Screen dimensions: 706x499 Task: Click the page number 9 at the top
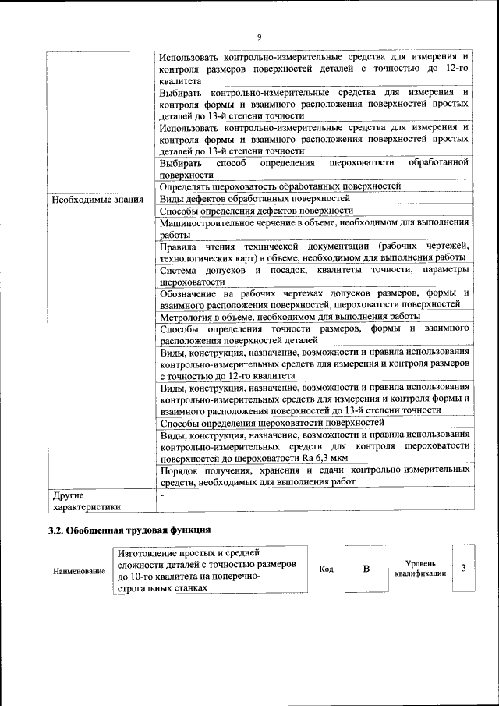point(259,37)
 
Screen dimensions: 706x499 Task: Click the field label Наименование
point(79,572)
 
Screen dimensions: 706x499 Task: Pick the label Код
point(326,569)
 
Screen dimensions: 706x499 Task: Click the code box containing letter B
point(366,569)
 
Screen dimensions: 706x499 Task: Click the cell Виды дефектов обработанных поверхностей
point(255,199)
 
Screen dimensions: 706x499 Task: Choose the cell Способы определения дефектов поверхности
point(257,211)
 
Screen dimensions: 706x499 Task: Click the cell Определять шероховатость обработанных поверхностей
point(280,186)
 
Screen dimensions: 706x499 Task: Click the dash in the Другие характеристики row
point(162,495)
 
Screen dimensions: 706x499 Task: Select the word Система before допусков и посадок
point(179,269)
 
